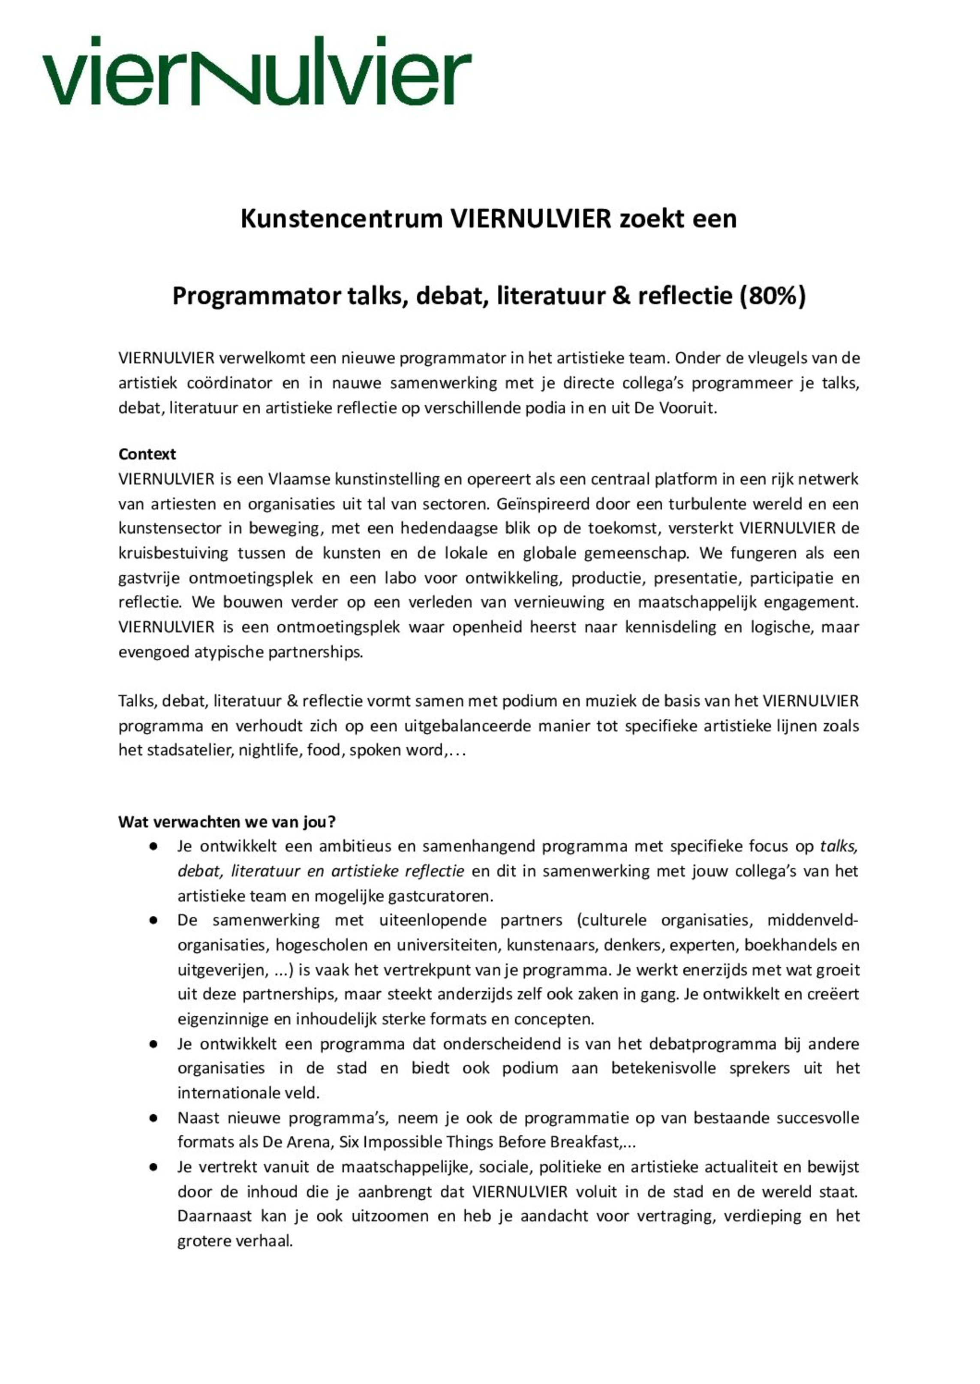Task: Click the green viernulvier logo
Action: [256, 71]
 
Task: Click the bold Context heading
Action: [147, 454]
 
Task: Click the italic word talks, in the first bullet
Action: [839, 846]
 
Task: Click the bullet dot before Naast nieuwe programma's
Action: [154, 1118]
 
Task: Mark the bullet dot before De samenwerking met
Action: [154, 921]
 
